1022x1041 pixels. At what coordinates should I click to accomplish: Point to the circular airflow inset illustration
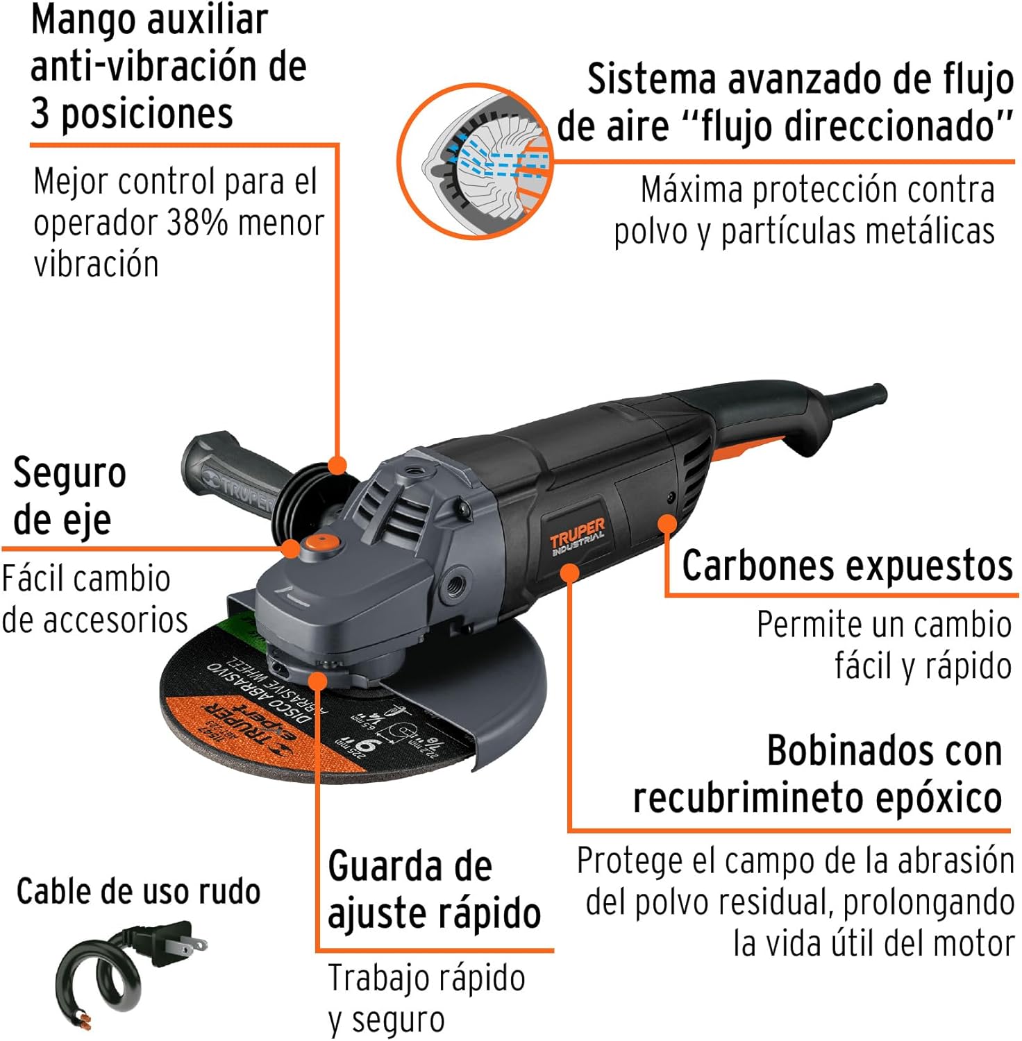click(474, 162)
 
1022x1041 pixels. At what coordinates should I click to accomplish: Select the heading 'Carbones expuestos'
click(847, 566)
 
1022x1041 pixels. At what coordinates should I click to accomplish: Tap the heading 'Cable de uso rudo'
click(138, 892)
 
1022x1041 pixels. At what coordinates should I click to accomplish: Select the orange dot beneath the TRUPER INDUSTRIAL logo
click(569, 573)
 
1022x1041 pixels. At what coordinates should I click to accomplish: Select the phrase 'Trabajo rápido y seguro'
click(425, 999)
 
